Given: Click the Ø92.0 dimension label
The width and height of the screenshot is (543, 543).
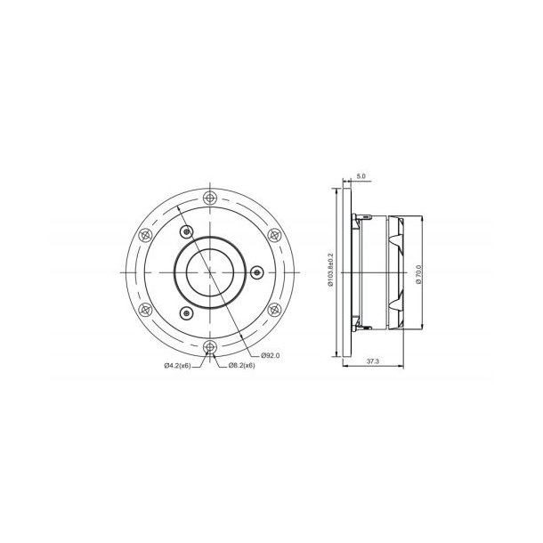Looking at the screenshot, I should click(x=271, y=355).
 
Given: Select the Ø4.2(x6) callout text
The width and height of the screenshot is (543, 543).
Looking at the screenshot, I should click(x=178, y=365).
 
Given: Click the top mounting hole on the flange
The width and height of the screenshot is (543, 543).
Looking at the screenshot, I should click(x=209, y=197).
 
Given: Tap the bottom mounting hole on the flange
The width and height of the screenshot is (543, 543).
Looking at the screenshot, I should click(x=209, y=346).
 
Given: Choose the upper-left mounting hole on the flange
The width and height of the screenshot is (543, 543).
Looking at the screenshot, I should click(x=144, y=234).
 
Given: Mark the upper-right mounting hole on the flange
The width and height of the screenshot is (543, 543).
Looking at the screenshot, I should click(x=274, y=234).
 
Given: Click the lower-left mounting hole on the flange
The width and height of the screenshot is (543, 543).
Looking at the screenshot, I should click(x=144, y=309).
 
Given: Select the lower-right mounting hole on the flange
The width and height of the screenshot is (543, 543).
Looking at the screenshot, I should click(x=274, y=309).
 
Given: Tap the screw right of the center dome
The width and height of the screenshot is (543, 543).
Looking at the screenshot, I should click(x=256, y=271).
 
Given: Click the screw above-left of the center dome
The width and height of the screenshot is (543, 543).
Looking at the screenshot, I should click(x=185, y=231).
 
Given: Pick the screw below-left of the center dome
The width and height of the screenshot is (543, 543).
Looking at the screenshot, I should click(x=185, y=312).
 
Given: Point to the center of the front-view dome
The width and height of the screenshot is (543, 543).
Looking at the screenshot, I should click(x=209, y=271).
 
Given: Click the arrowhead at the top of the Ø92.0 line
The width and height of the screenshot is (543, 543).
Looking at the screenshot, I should click(x=179, y=207).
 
